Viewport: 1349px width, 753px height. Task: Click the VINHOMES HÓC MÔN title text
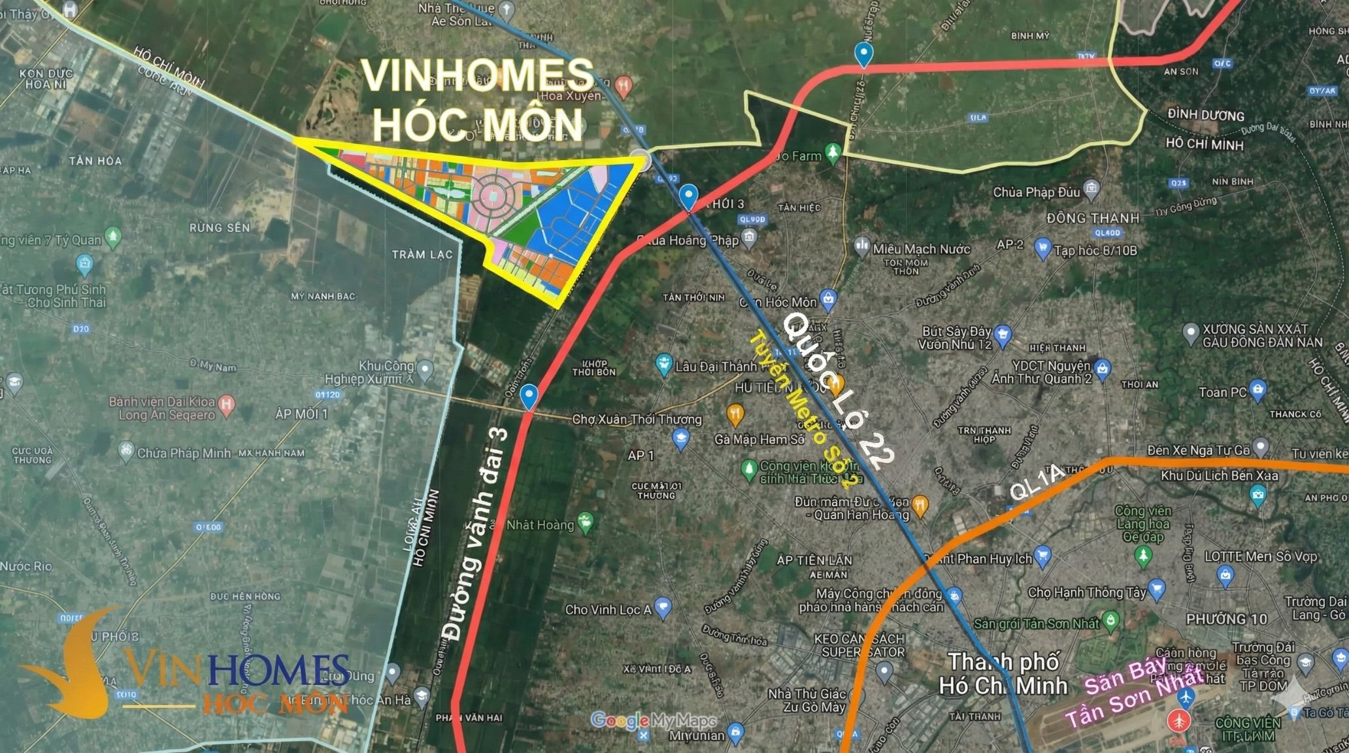point(477,99)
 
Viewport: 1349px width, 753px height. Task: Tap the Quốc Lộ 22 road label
point(839,391)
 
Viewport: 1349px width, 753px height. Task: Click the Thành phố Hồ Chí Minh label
point(1003,673)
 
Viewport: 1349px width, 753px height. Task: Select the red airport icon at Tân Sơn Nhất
point(1179,720)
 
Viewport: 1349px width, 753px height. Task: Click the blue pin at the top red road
point(864,55)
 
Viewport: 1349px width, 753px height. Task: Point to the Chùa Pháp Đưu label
point(1037,192)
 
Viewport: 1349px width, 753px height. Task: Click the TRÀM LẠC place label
point(422,254)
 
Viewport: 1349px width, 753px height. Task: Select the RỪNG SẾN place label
point(220,227)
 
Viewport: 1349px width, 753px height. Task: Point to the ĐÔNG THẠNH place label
point(1092,218)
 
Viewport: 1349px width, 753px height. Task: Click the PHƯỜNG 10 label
point(1226,618)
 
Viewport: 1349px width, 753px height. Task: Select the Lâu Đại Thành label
point(716,367)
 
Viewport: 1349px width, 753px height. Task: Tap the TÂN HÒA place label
point(95,161)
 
